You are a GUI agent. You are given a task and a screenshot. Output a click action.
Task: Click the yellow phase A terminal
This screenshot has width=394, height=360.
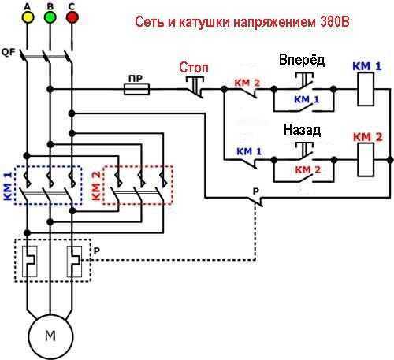(28, 17)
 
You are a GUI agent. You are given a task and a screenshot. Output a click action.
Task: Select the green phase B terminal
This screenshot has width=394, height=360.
(50, 17)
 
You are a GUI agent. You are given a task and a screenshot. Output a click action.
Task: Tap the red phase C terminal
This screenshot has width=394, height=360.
(72, 17)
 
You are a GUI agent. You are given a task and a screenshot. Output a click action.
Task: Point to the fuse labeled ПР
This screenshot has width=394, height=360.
(136, 89)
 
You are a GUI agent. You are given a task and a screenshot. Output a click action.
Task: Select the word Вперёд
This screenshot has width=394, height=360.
(302, 60)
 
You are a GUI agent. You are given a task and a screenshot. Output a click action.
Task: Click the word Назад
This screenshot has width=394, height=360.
(302, 130)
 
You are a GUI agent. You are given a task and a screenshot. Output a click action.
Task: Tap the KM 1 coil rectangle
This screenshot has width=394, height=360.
(366, 90)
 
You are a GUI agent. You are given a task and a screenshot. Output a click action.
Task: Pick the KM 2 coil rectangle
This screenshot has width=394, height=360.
(366, 160)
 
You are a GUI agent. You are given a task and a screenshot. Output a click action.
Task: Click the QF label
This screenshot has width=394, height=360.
(9, 52)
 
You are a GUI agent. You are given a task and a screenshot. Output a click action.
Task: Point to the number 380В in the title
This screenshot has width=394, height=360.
(335, 22)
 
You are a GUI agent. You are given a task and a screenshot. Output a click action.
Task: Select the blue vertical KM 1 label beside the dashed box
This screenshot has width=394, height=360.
(8, 186)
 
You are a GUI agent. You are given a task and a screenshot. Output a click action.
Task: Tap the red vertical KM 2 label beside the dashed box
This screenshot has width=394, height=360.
(96, 186)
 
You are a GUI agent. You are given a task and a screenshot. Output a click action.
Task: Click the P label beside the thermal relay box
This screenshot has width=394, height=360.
(97, 251)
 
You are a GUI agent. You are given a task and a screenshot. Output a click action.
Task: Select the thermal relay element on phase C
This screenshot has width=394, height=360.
(74, 262)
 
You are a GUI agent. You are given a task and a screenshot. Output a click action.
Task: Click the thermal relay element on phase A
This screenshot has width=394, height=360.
(29, 262)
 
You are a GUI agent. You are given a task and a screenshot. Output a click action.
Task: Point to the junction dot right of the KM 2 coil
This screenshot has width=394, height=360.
(389, 160)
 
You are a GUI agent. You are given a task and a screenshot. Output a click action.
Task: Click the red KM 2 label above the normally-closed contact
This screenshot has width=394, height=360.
(247, 83)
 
